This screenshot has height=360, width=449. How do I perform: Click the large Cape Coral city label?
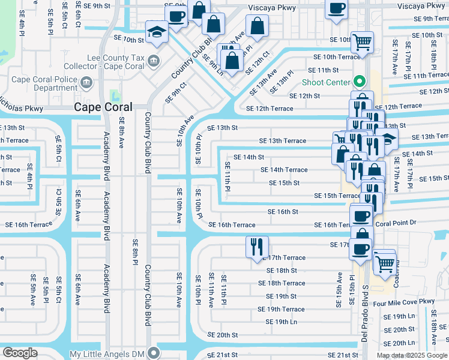(x=105, y=107)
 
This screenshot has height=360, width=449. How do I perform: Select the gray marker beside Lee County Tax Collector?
(x=154, y=60)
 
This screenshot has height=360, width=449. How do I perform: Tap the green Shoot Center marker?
(x=360, y=82)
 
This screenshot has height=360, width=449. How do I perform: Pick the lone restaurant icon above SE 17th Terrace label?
(x=257, y=246)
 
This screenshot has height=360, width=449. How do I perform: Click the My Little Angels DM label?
(x=108, y=354)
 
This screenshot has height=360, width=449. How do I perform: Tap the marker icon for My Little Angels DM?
(x=154, y=353)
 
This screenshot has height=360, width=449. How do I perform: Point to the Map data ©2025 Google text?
(x=412, y=355)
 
